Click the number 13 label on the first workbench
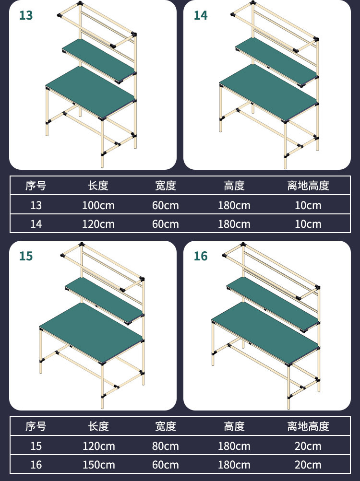coord(26,15)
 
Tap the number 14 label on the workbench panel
coord(201,15)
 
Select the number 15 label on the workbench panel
coord(26,256)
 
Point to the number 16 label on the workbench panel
coord(201,256)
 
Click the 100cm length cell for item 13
coord(98,205)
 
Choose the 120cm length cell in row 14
coord(98,224)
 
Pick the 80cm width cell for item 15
coord(166,446)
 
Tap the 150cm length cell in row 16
coord(98,465)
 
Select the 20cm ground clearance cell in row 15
coord(308,446)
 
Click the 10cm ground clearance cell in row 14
coord(308,224)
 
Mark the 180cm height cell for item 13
coord(234,205)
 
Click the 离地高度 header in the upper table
coord(308,186)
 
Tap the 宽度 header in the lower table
coord(166,426)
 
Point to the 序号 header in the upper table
coord(36,186)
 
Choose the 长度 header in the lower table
coord(98,426)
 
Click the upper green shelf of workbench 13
coord(99,60)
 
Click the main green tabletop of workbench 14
coord(269,92)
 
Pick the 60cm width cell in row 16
coord(166,465)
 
